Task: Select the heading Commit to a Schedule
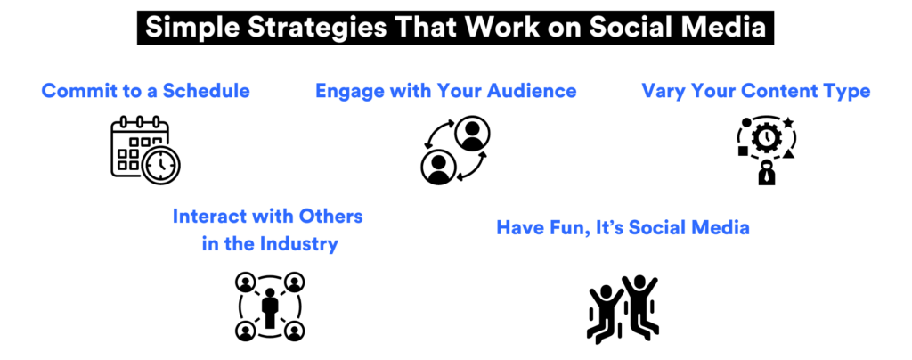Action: pos(145,91)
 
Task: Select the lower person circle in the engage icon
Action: pos(437,167)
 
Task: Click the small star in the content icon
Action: pos(787,122)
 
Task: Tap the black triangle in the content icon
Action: pos(788,154)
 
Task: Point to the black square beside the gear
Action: pos(743,151)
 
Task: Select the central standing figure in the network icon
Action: pos(270,307)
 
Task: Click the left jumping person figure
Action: pos(605,313)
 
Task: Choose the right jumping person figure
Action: pos(641,303)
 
